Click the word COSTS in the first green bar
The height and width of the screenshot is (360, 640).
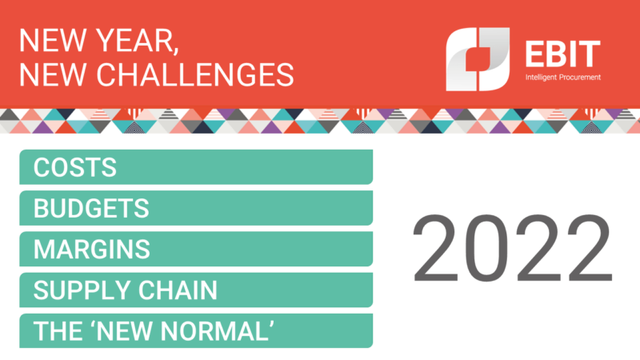(x=75, y=167)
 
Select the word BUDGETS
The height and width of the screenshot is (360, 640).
(x=91, y=208)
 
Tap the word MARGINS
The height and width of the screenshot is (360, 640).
(x=92, y=249)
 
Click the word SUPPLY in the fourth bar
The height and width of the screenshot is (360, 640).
(x=82, y=290)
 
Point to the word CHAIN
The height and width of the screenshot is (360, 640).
(x=178, y=290)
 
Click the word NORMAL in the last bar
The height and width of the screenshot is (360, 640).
(x=214, y=331)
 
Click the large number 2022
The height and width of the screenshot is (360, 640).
(x=513, y=248)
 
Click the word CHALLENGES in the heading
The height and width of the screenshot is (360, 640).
(x=195, y=74)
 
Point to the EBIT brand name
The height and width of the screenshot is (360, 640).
(x=563, y=54)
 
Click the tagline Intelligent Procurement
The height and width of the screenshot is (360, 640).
(x=563, y=77)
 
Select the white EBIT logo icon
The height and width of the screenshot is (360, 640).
(x=478, y=59)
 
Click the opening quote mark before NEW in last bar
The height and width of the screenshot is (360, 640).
(x=92, y=324)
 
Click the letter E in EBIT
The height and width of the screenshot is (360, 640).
(x=534, y=54)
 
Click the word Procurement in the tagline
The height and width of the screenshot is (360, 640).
(x=580, y=77)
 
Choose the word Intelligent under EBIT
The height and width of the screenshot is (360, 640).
(x=542, y=77)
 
